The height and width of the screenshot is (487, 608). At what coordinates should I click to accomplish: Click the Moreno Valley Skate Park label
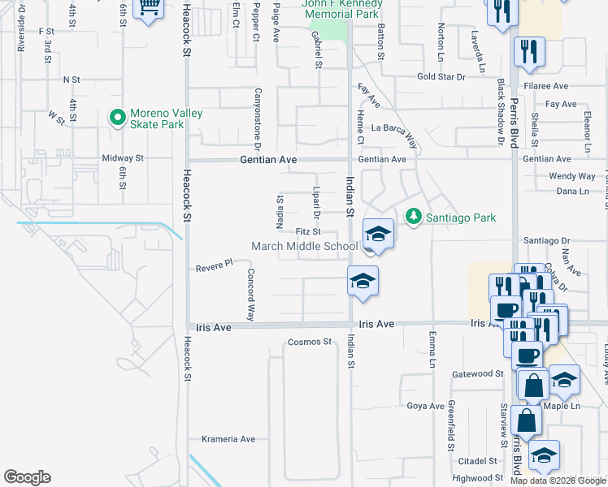click(157, 119)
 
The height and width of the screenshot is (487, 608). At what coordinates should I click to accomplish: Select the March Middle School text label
click(305, 247)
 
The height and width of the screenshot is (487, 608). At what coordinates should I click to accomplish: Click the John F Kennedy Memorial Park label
click(341, 8)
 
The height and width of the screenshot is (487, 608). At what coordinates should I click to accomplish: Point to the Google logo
click(27, 477)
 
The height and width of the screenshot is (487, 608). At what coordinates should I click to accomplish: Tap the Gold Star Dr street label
click(441, 77)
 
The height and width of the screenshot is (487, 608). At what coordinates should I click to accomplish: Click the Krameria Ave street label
click(228, 439)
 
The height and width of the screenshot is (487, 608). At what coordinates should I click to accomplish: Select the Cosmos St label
click(311, 342)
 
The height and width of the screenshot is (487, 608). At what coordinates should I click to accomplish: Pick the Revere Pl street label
click(215, 265)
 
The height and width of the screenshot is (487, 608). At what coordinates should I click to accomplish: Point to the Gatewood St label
click(478, 373)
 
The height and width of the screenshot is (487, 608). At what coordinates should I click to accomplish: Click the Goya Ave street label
click(425, 406)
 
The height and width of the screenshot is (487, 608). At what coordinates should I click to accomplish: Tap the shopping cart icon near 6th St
click(149, 10)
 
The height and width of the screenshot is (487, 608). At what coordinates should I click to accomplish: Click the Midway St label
click(123, 158)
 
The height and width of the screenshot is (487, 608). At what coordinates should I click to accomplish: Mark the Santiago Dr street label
click(547, 240)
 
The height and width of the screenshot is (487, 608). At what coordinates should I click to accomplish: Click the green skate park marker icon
click(119, 119)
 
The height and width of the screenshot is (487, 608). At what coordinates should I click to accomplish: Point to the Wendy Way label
click(571, 175)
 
